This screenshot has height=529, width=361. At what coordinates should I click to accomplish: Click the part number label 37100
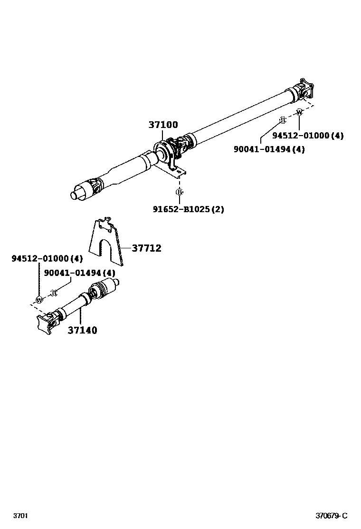pyautogui.click(x=163, y=125)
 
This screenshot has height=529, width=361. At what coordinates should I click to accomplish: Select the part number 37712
pyautogui.click(x=146, y=248)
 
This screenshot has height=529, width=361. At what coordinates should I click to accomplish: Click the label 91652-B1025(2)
pyautogui.click(x=188, y=209)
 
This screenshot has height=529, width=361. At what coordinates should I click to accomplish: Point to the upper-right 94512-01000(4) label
pyautogui.click(x=307, y=136)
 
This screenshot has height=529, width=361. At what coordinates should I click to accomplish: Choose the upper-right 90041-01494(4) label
pyautogui.click(x=269, y=149)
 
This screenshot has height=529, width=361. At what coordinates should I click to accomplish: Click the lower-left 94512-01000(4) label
pyautogui.click(x=47, y=259)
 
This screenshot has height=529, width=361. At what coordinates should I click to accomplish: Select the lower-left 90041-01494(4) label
pyautogui.click(x=79, y=273)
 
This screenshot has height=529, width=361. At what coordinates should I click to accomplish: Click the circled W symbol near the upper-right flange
pyautogui.click(x=299, y=112)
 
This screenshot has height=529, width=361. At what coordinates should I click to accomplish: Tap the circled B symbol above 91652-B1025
pyautogui.click(x=179, y=192)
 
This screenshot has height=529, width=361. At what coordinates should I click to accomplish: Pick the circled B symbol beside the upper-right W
pyautogui.click(x=282, y=119)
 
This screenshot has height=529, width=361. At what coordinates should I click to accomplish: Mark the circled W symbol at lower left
pyautogui.click(x=39, y=300)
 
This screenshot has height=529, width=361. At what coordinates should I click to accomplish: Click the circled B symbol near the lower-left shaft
pyautogui.click(x=54, y=293)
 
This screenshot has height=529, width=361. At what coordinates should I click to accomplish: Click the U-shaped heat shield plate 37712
pyautogui.click(x=106, y=240)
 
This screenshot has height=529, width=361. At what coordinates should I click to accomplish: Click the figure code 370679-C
pyautogui.click(x=332, y=516)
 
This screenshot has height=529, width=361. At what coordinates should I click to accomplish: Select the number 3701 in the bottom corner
pyautogui.click(x=20, y=516)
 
